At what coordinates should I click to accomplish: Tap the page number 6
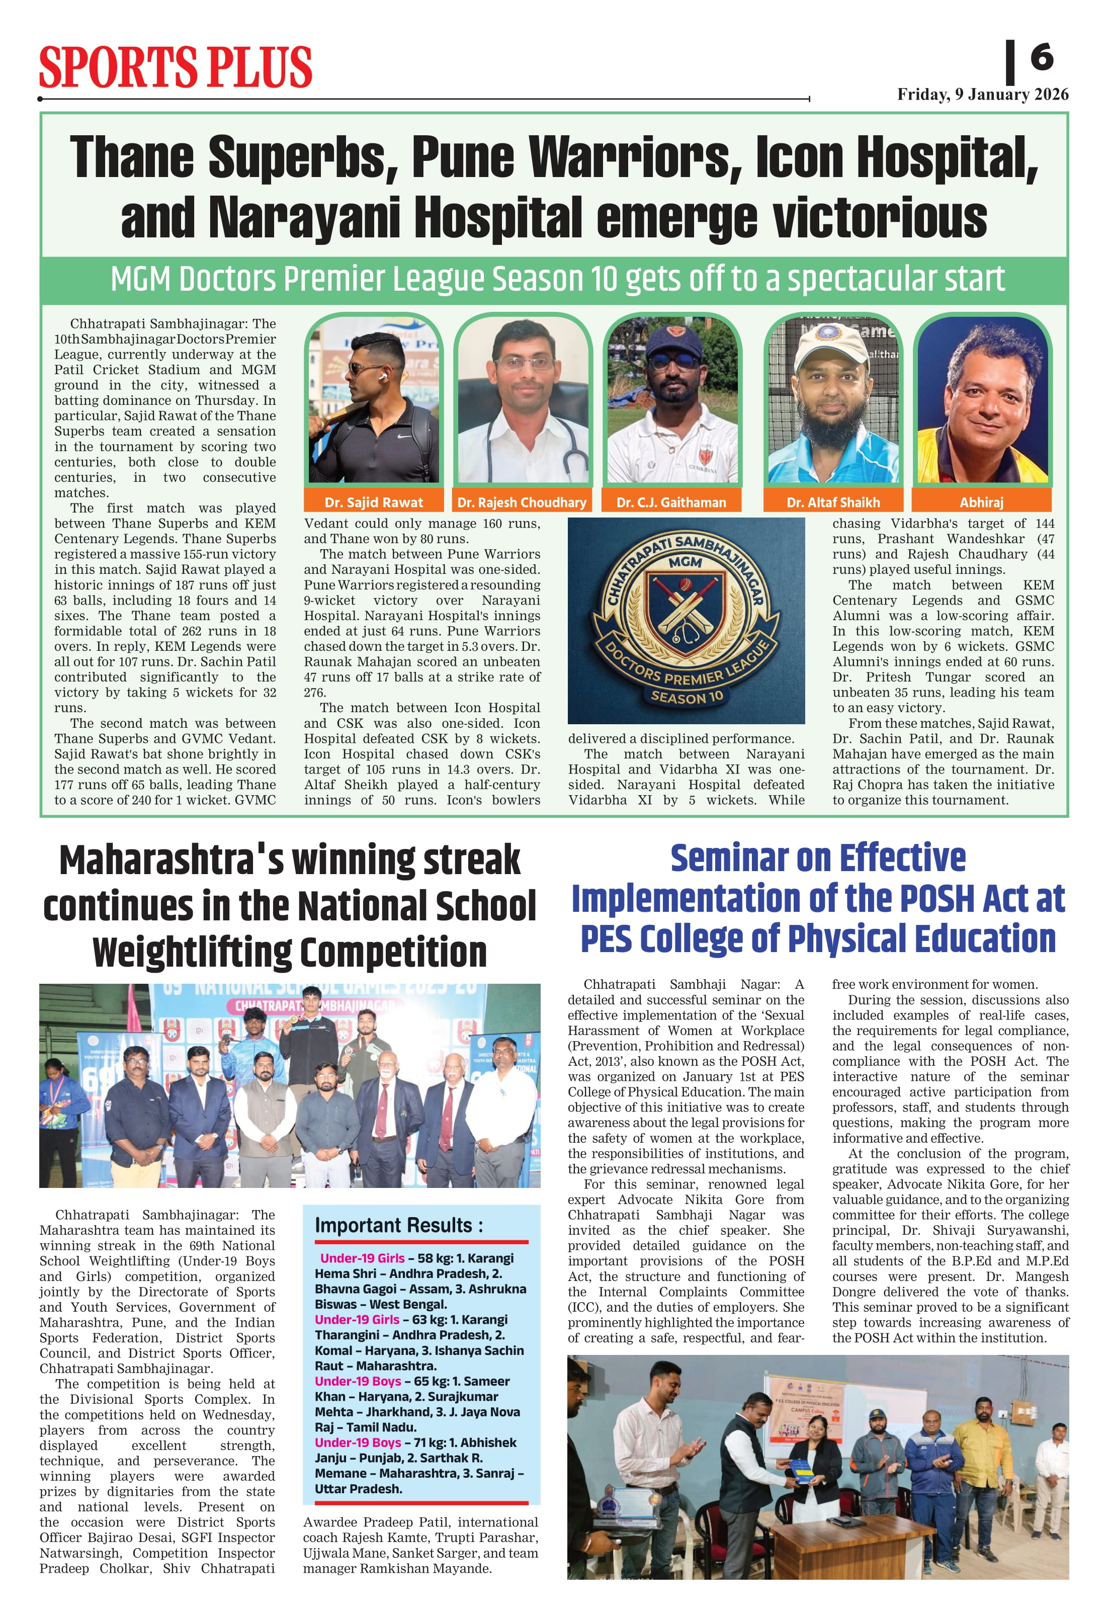coord(1041,57)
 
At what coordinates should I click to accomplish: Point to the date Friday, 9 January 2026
coord(983,95)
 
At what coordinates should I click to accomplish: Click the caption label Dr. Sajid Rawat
coord(373,502)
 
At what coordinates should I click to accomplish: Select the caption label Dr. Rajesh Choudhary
coord(522,502)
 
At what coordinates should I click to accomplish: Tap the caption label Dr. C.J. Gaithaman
coord(671,502)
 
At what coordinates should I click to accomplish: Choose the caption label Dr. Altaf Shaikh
coord(833,502)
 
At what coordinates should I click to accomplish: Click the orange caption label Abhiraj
coord(981,502)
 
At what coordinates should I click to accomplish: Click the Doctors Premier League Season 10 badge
coord(686,621)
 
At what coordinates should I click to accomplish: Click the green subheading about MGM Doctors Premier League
coord(557,279)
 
